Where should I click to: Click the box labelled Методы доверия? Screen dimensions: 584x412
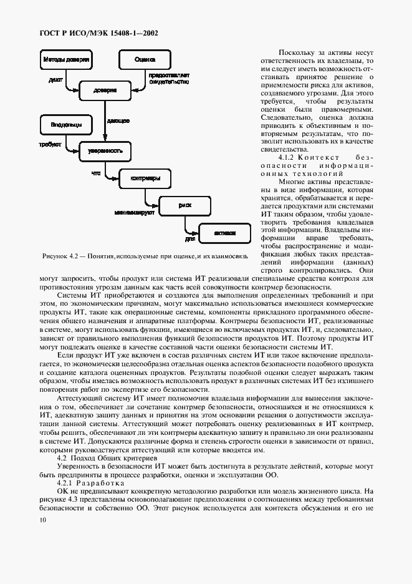(x=66, y=61)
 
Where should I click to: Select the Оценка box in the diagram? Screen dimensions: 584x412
(x=145, y=61)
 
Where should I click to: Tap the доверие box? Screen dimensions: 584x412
(x=105, y=90)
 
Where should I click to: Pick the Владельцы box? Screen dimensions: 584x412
(x=66, y=125)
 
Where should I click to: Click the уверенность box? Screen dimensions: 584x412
(x=105, y=151)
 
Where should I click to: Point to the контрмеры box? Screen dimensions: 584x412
(x=144, y=179)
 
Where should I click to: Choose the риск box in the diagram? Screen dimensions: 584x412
(x=184, y=205)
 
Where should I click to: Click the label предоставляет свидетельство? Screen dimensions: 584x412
(x=165, y=78)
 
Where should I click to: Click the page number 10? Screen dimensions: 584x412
(x=42, y=520)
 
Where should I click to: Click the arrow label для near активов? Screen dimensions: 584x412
(x=190, y=239)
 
